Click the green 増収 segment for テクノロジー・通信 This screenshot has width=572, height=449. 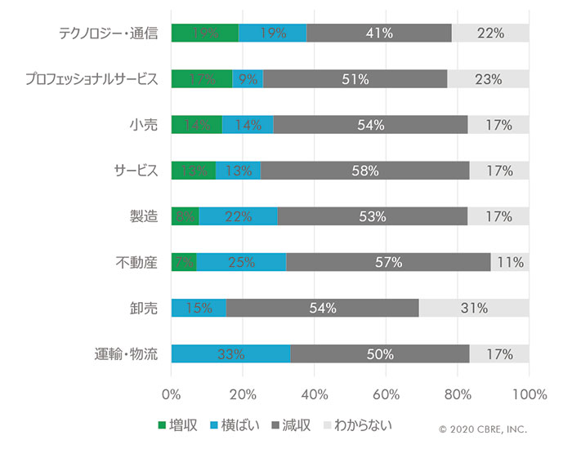click(204, 33)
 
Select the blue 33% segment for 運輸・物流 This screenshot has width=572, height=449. click(230, 354)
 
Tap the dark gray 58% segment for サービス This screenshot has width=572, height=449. click(365, 171)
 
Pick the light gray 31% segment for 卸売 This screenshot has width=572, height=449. click(474, 309)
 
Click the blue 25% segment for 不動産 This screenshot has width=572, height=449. click(241, 262)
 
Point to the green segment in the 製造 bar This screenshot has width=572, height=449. click(185, 216)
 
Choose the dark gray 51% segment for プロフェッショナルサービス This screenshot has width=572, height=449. click(355, 79)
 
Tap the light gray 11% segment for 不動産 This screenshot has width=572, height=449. click(510, 262)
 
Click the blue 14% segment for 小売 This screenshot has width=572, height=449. click(247, 125)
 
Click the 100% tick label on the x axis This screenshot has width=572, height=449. click(528, 394)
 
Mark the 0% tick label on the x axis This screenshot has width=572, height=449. click(172, 394)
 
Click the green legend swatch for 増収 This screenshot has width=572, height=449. click(162, 425)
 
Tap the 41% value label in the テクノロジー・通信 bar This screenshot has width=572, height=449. click(380, 33)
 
